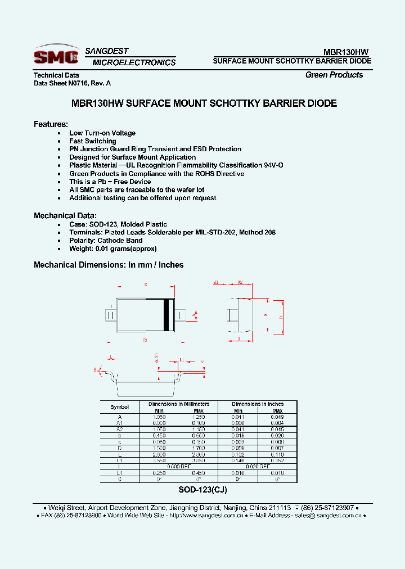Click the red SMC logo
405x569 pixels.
(56, 56)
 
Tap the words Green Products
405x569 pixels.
(334, 75)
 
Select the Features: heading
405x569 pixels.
(51, 124)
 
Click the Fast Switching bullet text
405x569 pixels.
(93, 141)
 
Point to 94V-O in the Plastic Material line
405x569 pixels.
(273, 165)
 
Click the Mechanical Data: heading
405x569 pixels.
(65, 215)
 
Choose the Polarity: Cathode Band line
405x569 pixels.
(106, 240)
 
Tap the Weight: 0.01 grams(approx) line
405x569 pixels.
(112, 248)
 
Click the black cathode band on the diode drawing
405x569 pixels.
(166, 315)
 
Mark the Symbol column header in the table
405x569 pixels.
(120, 407)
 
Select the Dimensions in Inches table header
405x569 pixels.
(258, 404)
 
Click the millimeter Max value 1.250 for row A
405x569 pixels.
(199, 417)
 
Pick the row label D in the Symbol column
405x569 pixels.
(120, 448)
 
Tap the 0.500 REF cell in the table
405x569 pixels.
(179, 467)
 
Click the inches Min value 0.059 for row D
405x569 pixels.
(238, 448)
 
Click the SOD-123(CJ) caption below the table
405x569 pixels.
(202, 490)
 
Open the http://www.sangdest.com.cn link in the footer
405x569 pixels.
(206, 516)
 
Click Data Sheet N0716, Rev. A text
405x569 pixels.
(73, 83)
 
